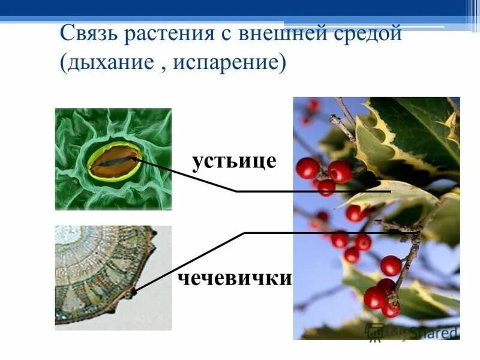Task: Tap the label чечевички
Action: tap(235, 278)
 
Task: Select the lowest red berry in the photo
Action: tap(391, 309)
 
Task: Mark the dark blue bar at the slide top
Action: tap(240, 8)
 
